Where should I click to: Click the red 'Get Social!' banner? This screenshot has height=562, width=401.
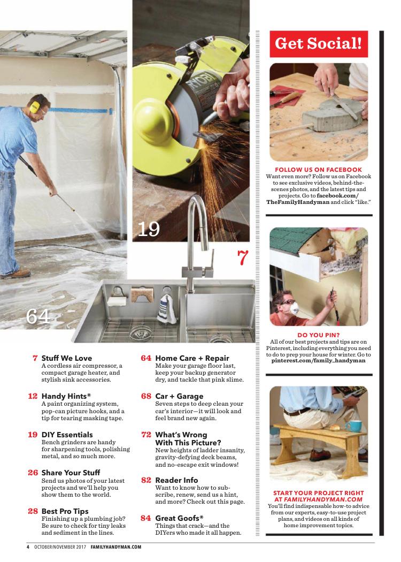tap(319, 44)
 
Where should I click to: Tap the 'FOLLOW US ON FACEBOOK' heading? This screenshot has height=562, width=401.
tap(318, 170)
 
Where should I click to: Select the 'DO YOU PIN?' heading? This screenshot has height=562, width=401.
tap(318, 335)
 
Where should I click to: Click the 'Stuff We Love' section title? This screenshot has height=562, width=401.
tap(67, 358)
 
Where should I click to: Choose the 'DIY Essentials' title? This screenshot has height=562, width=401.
tap(67, 435)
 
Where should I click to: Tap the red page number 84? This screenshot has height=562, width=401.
tap(146, 518)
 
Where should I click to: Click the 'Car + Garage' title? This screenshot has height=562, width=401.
tap(179, 397)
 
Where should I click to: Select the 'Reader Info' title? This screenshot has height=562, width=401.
tap(176, 480)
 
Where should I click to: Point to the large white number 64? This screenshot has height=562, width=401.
tap(37, 316)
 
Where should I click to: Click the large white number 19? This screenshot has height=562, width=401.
tap(149, 230)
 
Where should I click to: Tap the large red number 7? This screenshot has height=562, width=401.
tap(243, 257)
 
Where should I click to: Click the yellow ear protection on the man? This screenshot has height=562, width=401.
tap(35, 107)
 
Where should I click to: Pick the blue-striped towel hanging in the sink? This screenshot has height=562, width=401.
tap(167, 309)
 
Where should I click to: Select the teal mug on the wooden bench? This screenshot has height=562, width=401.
tap(353, 426)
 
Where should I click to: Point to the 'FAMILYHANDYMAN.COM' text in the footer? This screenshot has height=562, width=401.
tap(116, 547)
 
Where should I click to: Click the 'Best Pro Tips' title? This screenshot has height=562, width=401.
tap(65, 512)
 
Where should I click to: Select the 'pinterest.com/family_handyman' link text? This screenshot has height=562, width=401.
tap(318, 361)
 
